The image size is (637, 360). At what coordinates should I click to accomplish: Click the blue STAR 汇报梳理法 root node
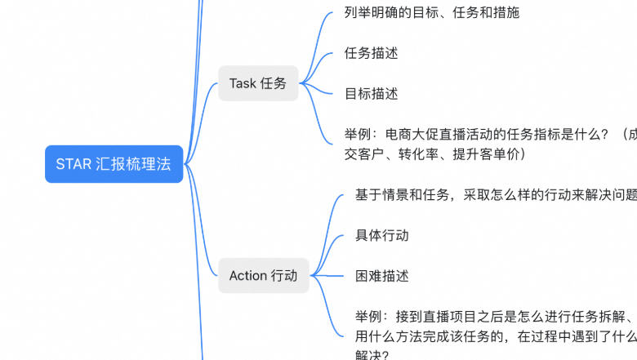(114, 163)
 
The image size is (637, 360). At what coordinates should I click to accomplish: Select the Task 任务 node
(258, 83)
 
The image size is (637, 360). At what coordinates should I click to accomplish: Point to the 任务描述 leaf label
(372, 53)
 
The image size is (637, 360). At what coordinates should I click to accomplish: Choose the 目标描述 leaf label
(372, 93)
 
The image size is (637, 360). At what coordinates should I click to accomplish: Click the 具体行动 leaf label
(382, 235)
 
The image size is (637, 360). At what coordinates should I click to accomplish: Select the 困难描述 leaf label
(382, 276)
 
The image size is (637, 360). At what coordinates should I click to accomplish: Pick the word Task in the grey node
(243, 83)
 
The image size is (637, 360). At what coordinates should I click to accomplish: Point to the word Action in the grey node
(248, 276)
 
